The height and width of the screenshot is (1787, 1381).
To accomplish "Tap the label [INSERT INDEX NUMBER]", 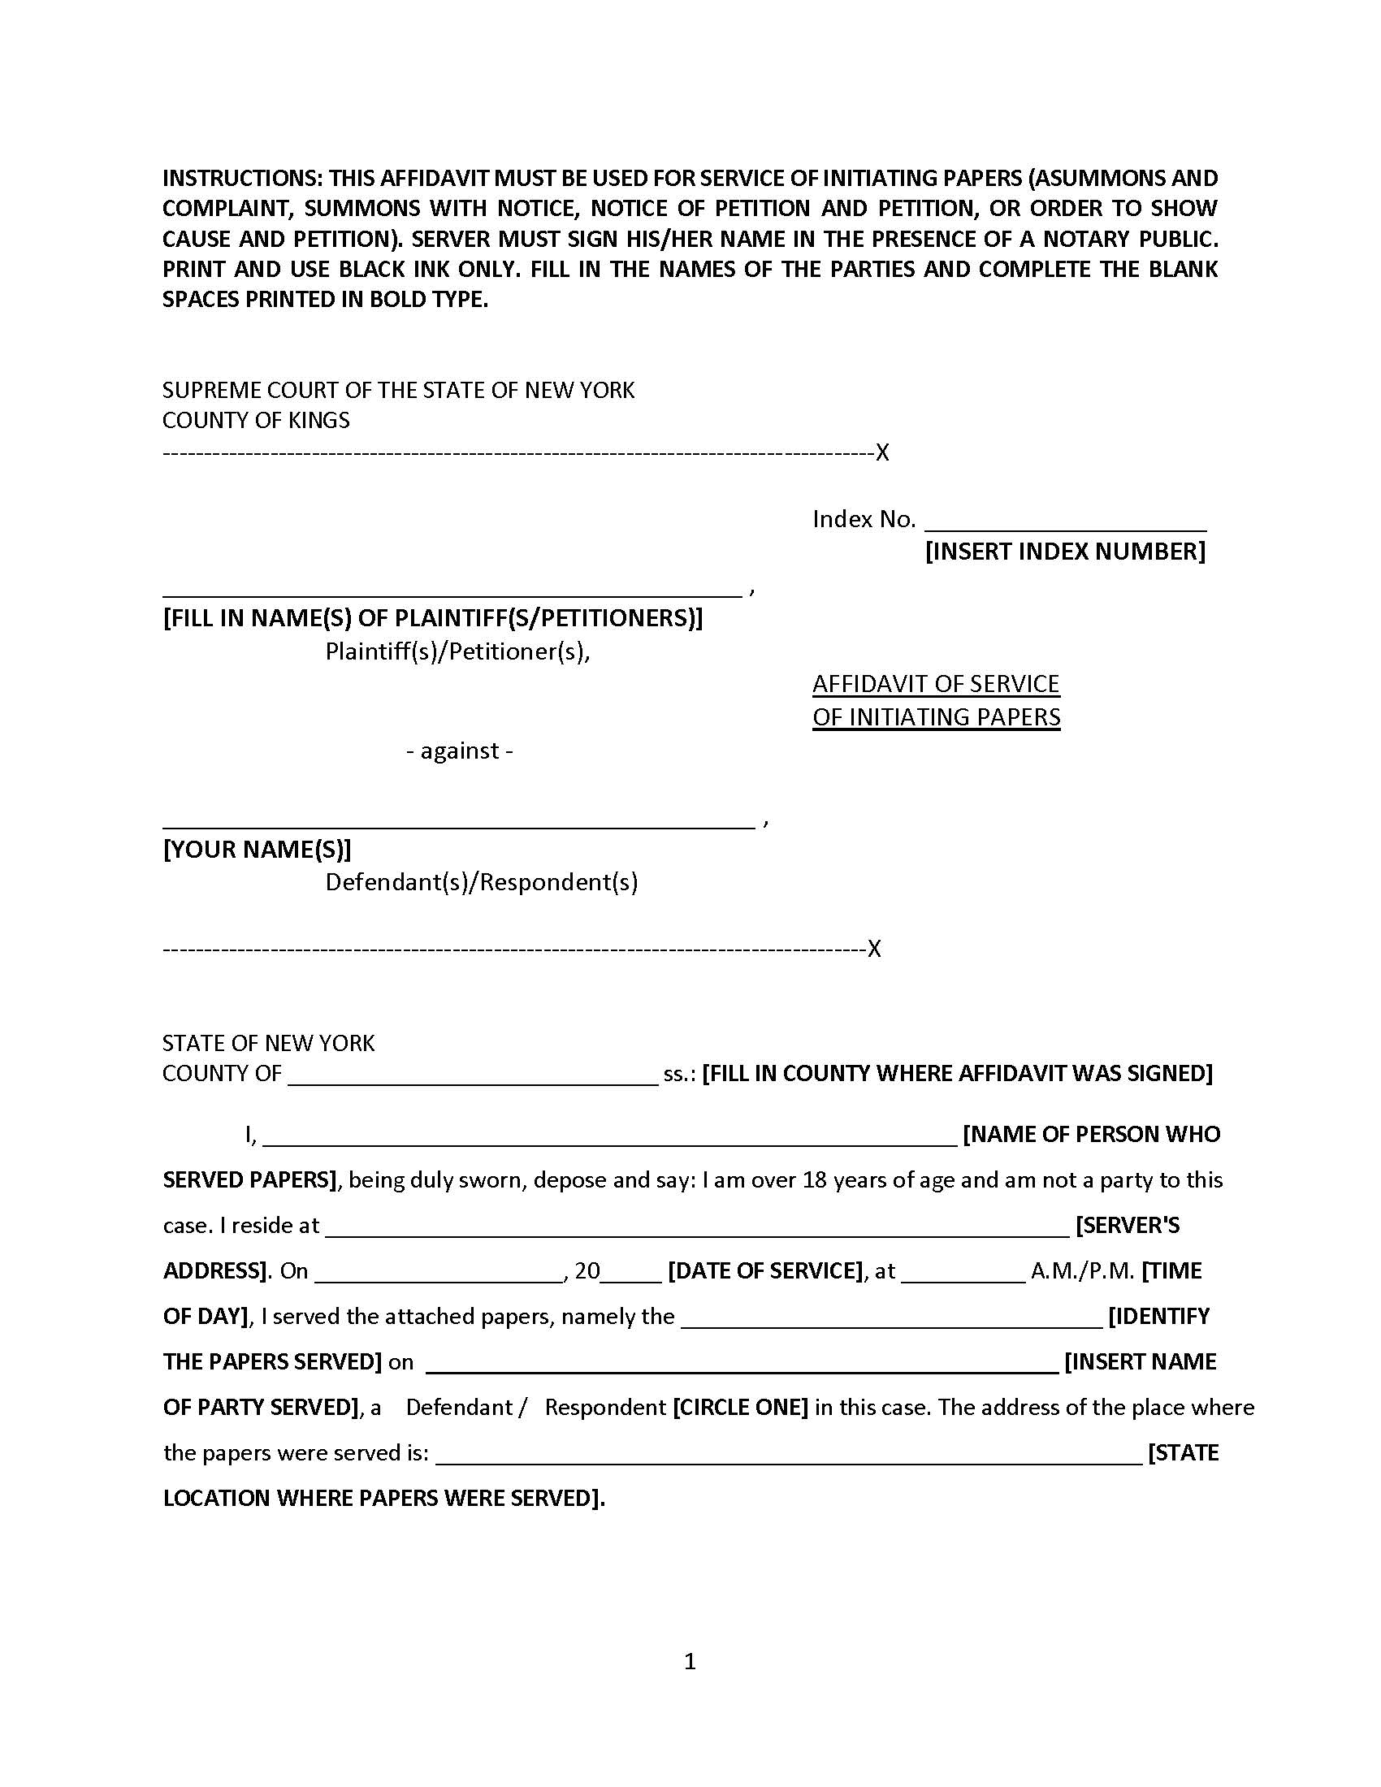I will click(x=1064, y=552).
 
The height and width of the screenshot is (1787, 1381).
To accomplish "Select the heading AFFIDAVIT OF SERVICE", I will click(x=935, y=684).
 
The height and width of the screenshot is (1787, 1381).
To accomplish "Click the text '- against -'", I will click(x=459, y=751).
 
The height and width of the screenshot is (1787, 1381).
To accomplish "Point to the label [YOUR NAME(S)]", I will click(x=257, y=850).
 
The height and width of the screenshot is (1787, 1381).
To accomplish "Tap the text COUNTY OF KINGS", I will click(x=255, y=421).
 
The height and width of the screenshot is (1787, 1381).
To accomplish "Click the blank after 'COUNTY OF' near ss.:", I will click(x=472, y=1076).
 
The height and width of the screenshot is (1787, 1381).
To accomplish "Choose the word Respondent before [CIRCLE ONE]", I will click(x=604, y=1408).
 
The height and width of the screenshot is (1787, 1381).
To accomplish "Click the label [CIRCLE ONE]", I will click(x=739, y=1408).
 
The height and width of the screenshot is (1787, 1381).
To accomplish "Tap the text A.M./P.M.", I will click(x=1081, y=1270).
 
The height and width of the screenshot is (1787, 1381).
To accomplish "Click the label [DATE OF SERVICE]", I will click(x=765, y=1270).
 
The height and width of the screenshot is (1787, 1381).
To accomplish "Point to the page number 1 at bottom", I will click(x=690, y=1661).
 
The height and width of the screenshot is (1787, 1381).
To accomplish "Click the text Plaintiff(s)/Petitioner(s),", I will click(x=457, y=651).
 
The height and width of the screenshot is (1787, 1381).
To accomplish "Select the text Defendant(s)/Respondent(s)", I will click(x=481, y=882).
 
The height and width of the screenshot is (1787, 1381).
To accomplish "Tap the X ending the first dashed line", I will click(x=882, y=452).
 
